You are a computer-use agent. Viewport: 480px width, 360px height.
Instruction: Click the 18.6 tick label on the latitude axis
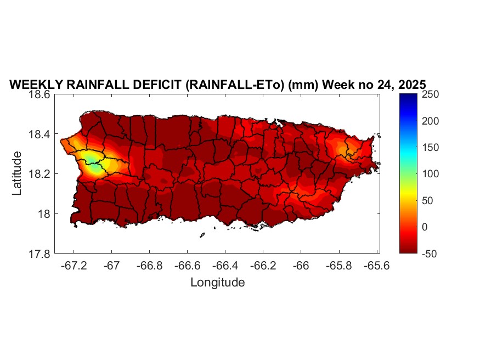[x=40, y=94]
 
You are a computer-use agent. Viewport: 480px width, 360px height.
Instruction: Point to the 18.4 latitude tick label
[x=40, y=134]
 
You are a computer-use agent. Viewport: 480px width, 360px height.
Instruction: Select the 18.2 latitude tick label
[x=40, y=174]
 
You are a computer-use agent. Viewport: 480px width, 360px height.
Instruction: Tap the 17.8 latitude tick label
[x=40, y=254]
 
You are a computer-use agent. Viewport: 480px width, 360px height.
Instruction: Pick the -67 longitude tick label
[x=112, y=266]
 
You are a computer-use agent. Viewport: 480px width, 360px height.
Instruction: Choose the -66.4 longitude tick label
[x=225, y=266]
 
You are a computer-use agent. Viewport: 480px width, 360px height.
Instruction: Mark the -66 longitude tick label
[x=301, y=266]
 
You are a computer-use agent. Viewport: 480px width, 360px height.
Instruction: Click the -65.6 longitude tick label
[x=377, y=266]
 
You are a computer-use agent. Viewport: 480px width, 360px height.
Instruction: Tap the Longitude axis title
[x=217, y=283]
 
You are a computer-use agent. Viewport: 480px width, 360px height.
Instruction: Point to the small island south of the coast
[x=202, y=235]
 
